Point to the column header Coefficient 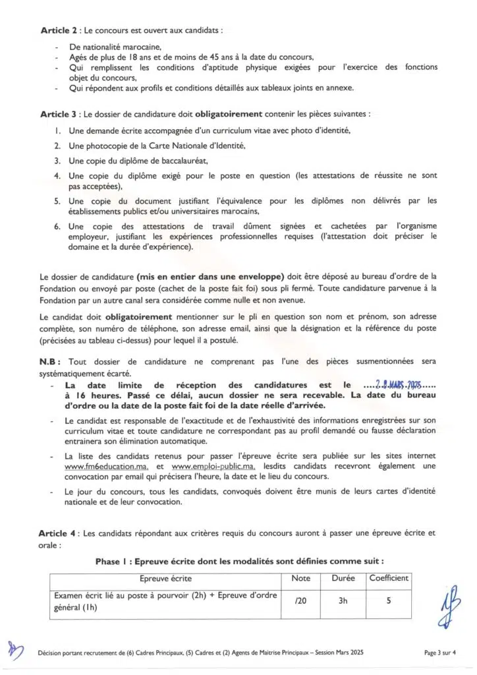point(388,578)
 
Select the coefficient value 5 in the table point(388,602)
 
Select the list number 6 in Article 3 point(57,226)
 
